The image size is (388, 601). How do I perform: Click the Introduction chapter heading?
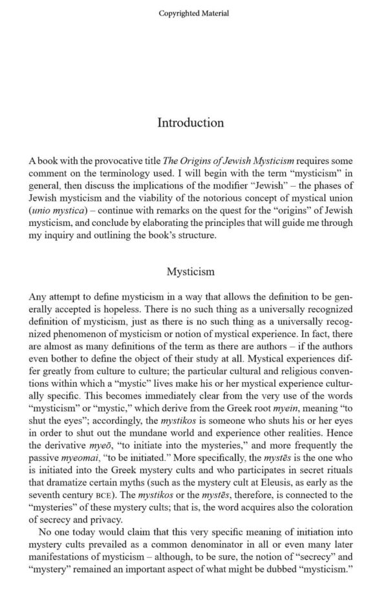tap(191, 123)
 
